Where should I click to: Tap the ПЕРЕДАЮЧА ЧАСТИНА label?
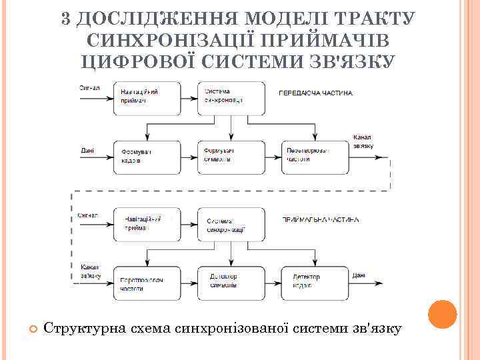[x=315, y=93]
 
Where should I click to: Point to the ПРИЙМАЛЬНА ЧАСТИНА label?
[x=321, y=219]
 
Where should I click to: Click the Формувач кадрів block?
[x=147, y=157]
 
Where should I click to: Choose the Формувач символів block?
[x=230, y=157]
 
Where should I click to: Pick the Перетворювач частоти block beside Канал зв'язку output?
[x=314, y=157]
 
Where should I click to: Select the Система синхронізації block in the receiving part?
[x=230, y=225]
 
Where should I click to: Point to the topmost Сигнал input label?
[x=89, y=87]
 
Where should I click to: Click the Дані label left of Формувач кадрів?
[x=87, y=151]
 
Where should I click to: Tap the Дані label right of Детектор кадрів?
[x=359, y=275]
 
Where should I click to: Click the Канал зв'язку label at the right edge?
[x=363, y=141]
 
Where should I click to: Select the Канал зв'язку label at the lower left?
[x=90, y=271]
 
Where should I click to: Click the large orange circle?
[x=441, y=314]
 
